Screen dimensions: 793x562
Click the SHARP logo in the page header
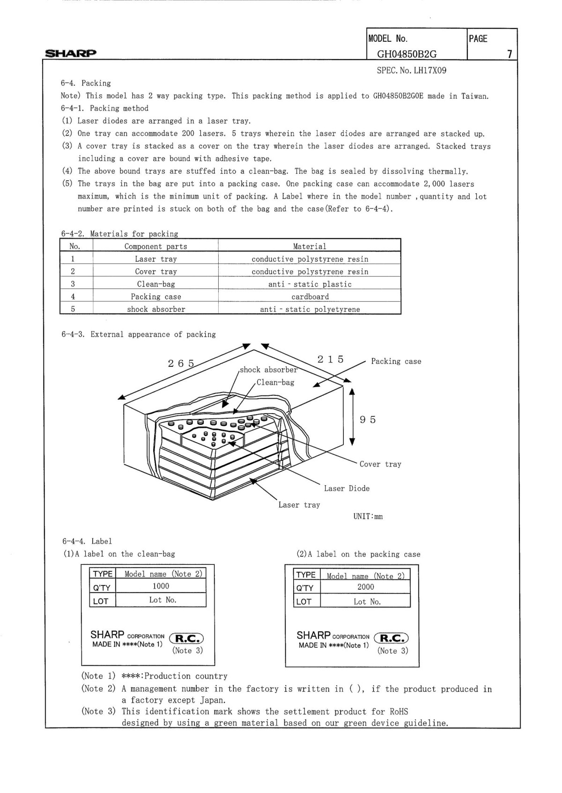[x=70, y=53]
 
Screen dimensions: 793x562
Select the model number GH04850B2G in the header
[x=407, y=54]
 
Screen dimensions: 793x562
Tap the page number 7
[x=510, y=54]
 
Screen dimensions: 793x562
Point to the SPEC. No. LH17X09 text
[x=411, y=71]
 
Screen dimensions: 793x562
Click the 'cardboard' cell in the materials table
[x=310, y=296]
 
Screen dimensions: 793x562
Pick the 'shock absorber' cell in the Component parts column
[x=156, y=309]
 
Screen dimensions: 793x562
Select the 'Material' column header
[x=310, y=246]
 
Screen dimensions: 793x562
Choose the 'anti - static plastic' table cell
[x=310, y=284]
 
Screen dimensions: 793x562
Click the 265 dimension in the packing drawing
[x=181, y=363]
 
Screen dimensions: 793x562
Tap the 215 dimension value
[x=330, y=359]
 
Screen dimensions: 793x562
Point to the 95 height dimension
[x=368, y=420]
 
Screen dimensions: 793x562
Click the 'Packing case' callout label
[x=396, y=361]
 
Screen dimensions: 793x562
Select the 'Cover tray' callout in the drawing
[x=380, y=464]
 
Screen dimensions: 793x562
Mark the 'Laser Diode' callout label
[x=347, y=489]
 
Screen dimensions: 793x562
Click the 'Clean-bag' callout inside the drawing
[x=275, y=382]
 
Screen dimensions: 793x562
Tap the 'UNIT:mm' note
[x=368, y=517]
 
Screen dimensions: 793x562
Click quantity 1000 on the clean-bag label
[x=161, y=586]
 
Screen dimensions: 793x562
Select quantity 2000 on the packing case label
[x=365, y=587]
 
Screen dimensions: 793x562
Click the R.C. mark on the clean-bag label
[x=186, y=638]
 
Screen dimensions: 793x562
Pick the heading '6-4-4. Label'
[x=87, y=541]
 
